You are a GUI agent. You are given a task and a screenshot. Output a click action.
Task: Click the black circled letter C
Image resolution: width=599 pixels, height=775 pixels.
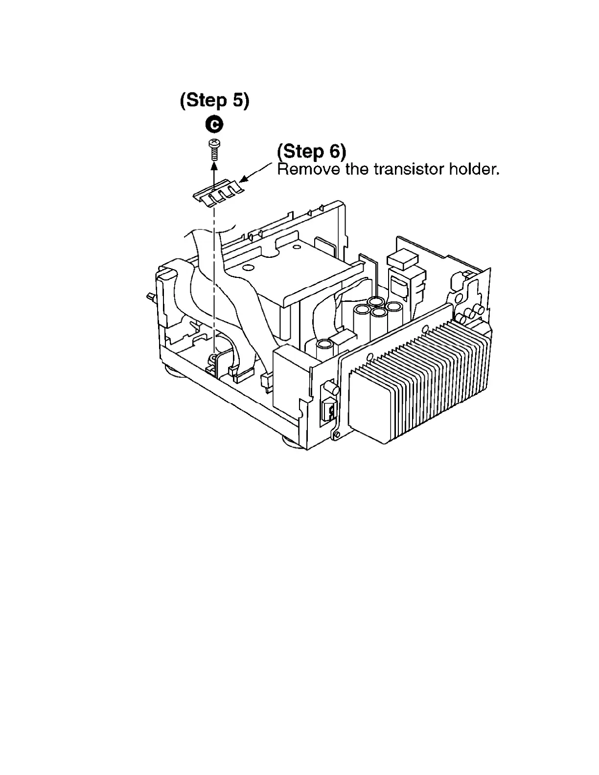pyautogui.click(x=214, y=125)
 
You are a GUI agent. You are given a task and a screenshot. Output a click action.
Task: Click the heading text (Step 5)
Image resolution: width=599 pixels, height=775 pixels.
pyautogui.click(x=214, y=100)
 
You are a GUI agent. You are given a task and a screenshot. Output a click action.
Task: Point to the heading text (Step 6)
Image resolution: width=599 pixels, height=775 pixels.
pyautogui.click(x=312, y=151)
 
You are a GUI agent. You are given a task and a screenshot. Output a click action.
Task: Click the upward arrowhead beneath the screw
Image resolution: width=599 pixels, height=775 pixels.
pyautogui.click(x=214, y=167)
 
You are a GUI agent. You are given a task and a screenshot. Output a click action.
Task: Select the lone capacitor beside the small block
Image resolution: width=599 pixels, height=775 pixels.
pyautogui.click(x=324, y=348)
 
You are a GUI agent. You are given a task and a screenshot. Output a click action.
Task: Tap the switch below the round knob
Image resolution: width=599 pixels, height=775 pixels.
pyautogui.click(x=328, y=410)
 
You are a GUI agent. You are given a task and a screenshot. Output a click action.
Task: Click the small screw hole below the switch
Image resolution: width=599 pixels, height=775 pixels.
pyautogui.click(x=335, y=434)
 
